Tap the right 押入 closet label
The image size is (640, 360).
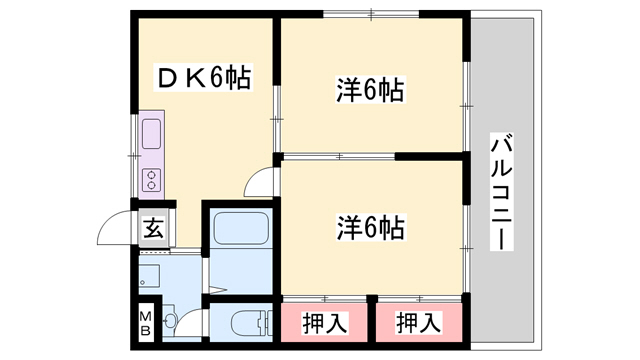(x=416, y=322)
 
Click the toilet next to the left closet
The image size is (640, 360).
(x=242, y=322)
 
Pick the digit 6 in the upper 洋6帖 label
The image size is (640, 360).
(x=369, y=92)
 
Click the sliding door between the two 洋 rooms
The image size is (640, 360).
(x=340, y=156)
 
